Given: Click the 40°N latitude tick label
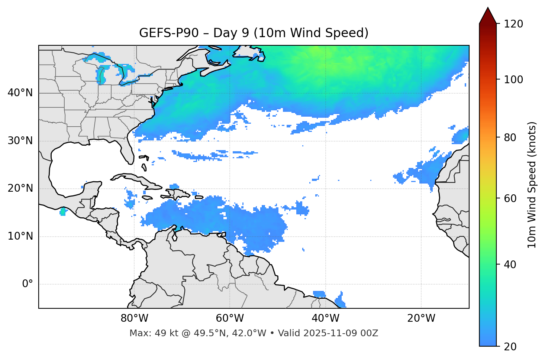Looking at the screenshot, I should [x=20, y=93].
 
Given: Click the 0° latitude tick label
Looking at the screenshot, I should [x=27, y=284].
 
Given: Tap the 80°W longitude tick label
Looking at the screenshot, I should [x=134, y=318].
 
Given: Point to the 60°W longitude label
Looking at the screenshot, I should [x=230, y=318].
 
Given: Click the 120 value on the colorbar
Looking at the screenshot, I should [x=513, y=24].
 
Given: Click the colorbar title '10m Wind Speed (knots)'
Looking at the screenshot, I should [x=532, y=185].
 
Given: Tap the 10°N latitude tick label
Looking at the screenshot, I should [x=20, y=236].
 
